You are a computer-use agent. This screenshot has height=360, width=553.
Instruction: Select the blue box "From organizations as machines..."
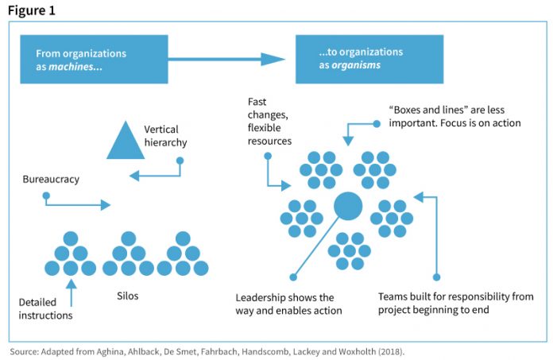[x=94, y=60]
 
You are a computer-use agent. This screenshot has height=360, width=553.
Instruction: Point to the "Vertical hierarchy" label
[x=165, y=136]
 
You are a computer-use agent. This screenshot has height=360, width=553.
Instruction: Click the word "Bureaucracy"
[x=51, y=180]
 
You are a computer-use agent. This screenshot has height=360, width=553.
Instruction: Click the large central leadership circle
[x=347, y=206]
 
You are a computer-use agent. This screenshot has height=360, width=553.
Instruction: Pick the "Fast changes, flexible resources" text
[x=269, y=122]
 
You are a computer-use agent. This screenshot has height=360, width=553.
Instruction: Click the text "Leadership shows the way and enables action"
[x=288, y=304]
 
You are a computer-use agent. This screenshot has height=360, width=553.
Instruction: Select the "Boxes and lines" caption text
[x=447, y=116]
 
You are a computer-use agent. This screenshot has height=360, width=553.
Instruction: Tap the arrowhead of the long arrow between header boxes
[x=274, y=60]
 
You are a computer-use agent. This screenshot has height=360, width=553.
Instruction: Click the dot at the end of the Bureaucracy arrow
[x=46, y=195]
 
